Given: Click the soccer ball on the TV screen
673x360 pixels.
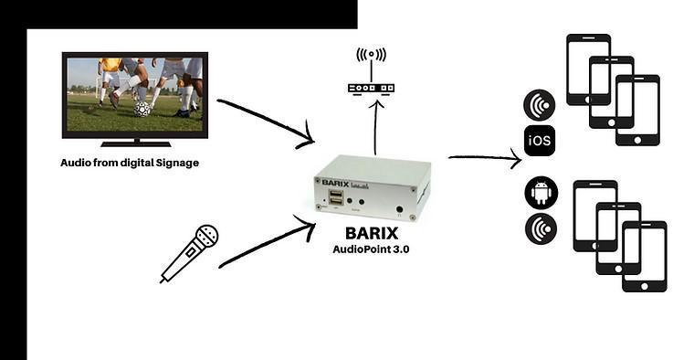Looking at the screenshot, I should tap(142, 108).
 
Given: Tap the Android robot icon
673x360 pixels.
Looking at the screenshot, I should tap(540, 195).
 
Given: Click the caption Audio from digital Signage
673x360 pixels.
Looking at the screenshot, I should tap(129, 163).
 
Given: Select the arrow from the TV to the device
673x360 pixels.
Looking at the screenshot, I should tap(265, 122).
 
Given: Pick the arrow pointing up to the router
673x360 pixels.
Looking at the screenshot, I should tap(374, 128).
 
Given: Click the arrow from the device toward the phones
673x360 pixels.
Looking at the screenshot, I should tap(484, 158).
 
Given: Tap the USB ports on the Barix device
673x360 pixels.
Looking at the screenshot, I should tap(337, 198).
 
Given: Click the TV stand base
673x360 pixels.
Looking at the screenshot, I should tap(135, 143).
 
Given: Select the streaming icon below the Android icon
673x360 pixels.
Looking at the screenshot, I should tap(540, 228).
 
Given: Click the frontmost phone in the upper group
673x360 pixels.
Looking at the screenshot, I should tap(636, 110).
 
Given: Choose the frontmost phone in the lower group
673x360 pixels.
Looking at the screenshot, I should tap(644, 256).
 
